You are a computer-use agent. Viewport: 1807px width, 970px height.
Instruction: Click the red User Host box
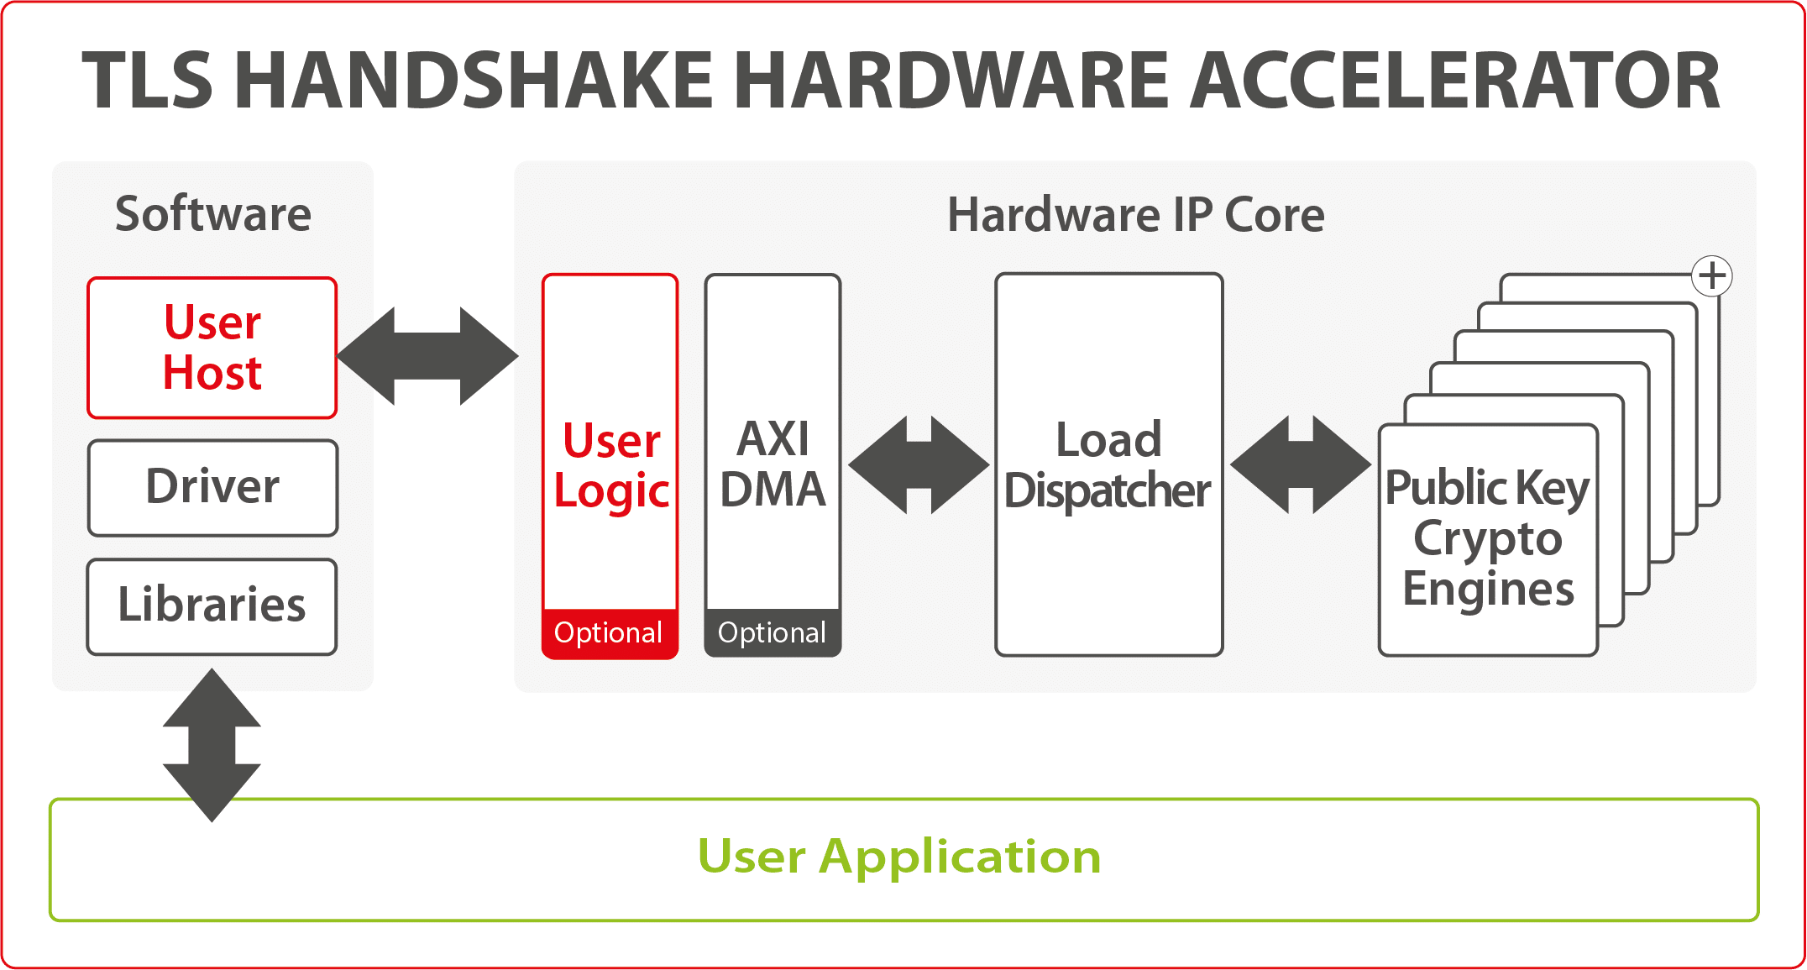point(212,348)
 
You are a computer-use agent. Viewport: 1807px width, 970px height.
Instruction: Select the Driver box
point(212,488)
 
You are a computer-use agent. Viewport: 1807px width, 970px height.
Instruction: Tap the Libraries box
point(212,606)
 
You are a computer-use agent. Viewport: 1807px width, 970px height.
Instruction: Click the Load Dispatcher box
point(1108,464)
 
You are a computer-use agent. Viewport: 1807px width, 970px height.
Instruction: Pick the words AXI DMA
point(773,464)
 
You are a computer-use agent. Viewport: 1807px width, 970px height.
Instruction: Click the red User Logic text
point(611,465)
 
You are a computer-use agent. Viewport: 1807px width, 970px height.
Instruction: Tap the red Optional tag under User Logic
point(610,633)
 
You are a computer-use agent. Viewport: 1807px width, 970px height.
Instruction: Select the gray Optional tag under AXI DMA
point(773,633)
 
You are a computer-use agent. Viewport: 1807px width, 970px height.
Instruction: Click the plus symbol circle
point(1712,275)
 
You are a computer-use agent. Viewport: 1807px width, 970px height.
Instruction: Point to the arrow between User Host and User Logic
point(428,356)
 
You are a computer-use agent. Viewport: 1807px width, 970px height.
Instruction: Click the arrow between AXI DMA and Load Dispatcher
point(919,464)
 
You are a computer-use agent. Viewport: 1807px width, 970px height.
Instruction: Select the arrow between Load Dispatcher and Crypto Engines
point(1301,464)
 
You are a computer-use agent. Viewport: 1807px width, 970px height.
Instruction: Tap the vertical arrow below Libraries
point(212,745)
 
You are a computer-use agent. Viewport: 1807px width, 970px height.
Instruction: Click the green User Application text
point(899,857)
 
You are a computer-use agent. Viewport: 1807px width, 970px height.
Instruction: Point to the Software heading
point(213,214)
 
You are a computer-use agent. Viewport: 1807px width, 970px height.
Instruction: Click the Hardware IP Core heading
point(1136,215)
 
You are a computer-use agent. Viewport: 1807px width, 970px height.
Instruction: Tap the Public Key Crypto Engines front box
point(1488,540)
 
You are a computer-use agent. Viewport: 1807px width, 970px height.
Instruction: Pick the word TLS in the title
point(147,80)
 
